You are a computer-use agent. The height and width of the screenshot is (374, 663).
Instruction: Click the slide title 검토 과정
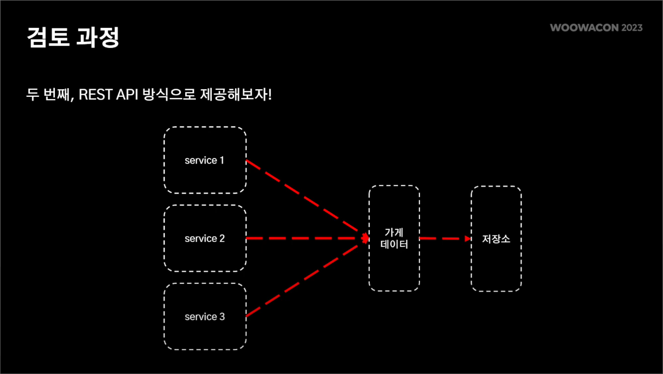[73, 37]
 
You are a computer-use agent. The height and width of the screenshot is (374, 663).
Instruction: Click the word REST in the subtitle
[96, 94]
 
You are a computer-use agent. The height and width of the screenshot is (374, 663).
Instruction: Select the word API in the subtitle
[127, 94]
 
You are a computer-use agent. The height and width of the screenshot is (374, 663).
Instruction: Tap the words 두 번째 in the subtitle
[49, 94]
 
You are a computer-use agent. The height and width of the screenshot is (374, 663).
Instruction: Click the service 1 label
[204, 161]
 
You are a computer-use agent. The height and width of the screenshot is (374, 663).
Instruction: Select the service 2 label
[204, 239]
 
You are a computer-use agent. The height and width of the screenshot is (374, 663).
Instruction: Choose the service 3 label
[204, 317]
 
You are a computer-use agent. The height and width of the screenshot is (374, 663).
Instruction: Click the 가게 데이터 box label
[394, 238]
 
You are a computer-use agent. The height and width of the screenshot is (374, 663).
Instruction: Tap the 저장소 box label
[496, 239]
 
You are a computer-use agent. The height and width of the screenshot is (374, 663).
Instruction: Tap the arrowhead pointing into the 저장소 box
[468, 239]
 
